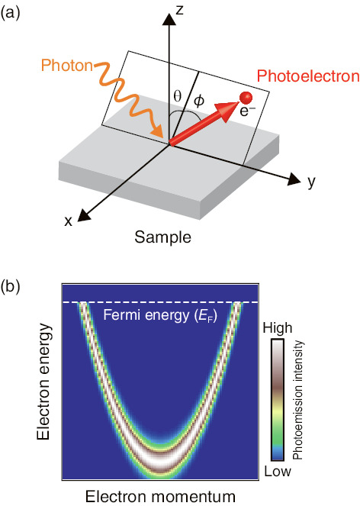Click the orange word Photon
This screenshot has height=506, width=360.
click(67, 65)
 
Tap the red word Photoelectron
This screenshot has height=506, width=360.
click(308, 76)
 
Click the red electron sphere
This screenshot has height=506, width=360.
click(246, 97)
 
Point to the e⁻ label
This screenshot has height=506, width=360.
click(247, 111)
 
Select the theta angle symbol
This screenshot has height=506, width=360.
click(178, 96)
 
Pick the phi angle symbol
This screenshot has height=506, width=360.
click(199, 101)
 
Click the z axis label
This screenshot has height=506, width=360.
click(179, 11)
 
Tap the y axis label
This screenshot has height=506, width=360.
click(311, 182)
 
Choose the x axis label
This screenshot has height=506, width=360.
click(68, 221)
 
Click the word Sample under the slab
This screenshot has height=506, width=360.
click(162, 237)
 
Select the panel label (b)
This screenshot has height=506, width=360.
click(11, 286)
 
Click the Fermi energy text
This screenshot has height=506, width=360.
click(160, 314)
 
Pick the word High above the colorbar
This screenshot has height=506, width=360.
click(278, 328)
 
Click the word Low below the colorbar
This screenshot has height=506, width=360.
click(278, 472)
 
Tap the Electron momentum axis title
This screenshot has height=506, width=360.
click(160, 496)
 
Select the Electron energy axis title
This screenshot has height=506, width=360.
click(44, 382)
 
